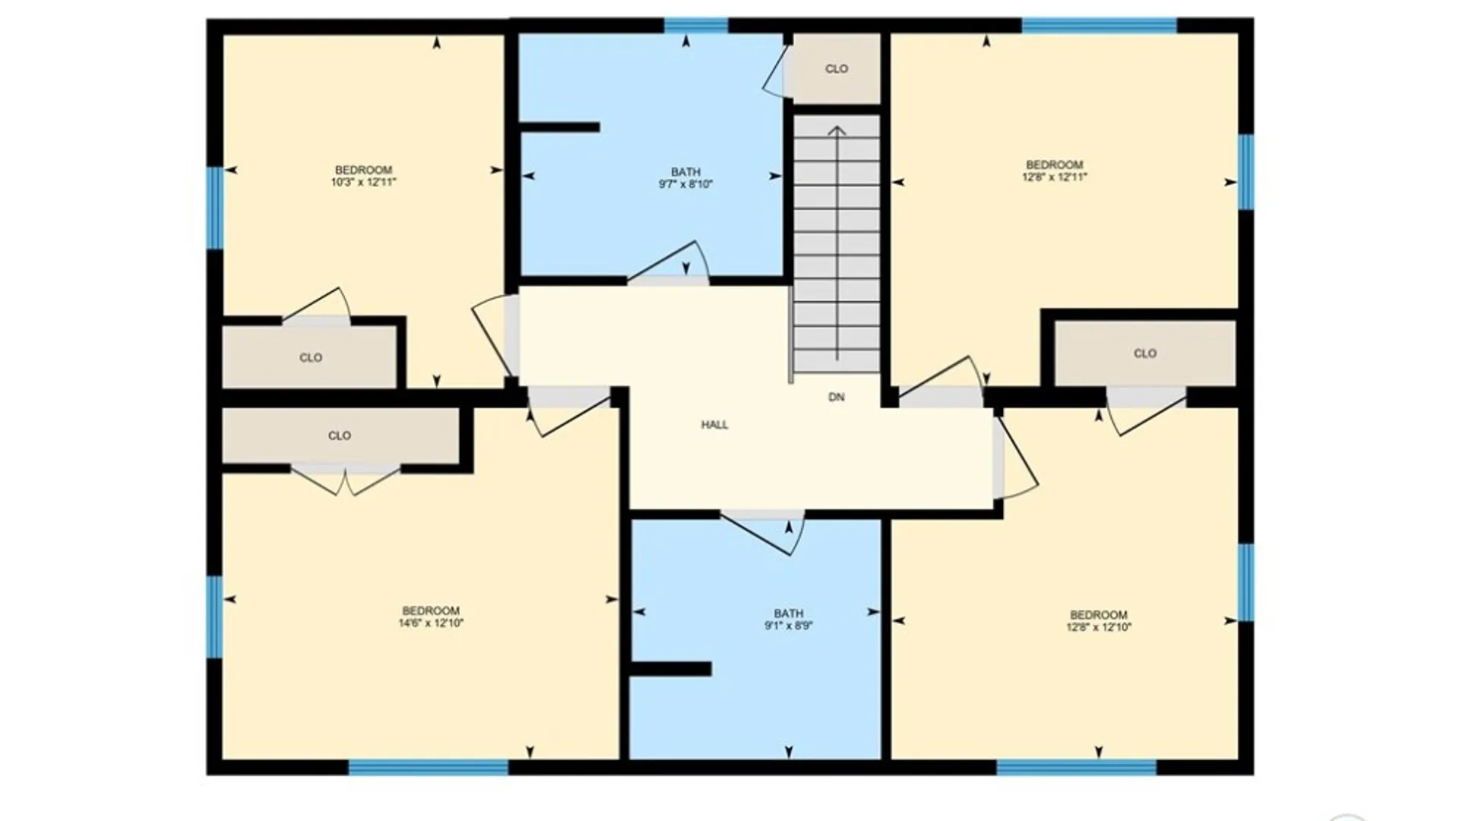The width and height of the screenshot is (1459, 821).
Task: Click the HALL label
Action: (x=714, y=425)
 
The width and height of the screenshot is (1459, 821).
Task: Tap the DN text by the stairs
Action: (x=836, y=397)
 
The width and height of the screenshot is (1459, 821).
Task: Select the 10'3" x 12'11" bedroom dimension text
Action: (x=363, y=182)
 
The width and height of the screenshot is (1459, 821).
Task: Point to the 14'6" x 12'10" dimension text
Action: (x=431, y=623)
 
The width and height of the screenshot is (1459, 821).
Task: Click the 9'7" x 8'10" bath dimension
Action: (x=685, y=184)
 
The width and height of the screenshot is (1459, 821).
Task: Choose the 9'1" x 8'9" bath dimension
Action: (x=789, y=626)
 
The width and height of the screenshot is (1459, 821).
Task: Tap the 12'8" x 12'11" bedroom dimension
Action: (x=1054, y=177)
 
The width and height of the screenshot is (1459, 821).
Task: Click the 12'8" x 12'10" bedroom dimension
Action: (x=1099, y=627)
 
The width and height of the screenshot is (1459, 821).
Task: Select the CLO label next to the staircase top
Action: (x=836, y=69)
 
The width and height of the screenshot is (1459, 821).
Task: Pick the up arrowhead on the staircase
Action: (x=837, y=131)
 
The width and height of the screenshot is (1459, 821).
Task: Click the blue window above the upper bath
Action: (x=696, y=26)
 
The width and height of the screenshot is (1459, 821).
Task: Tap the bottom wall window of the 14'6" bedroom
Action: (x=429, y=767)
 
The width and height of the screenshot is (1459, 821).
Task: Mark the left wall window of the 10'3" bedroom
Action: (x=215, y=208)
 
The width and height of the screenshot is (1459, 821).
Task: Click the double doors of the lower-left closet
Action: (x=346, y=480)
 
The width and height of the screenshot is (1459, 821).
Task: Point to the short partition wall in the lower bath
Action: (x=670, y=669)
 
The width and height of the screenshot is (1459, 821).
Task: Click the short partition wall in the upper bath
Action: (x=559, y=128)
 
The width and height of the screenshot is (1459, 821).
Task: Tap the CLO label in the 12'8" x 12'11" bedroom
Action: (x=1144, y=353)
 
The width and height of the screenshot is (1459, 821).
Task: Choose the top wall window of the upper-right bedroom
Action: (x=1099, y=26)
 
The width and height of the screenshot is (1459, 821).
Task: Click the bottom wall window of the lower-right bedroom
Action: (x=1076, y=767)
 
